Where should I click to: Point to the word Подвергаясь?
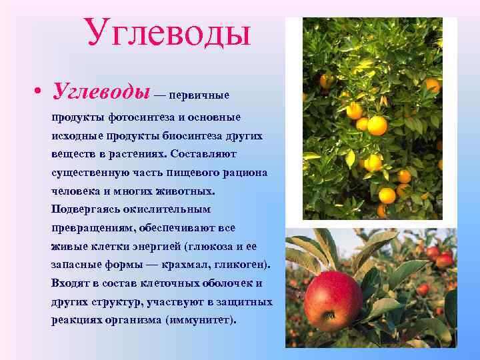84,209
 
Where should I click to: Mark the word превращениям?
92,228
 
